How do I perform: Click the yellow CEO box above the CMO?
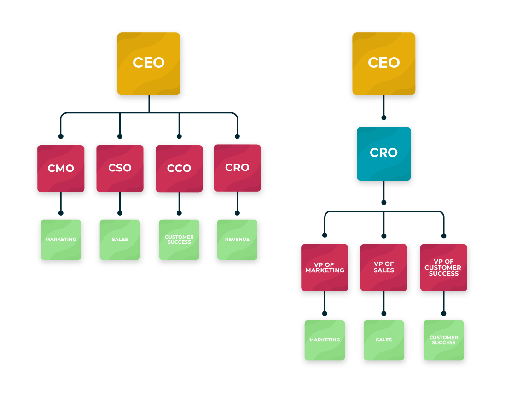(x=149, y=64)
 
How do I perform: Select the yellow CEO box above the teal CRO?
(x=384, y=64)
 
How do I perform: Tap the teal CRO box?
(x=384, y=153)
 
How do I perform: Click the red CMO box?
(x=61, y=169)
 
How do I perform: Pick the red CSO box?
(x=120, y=169)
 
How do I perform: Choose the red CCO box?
(x=179, y=169)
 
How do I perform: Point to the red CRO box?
(x=238, y=168)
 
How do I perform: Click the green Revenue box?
(x=238, y=240)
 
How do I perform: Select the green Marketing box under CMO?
(x=61, y=240)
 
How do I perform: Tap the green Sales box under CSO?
(x=120, y=240)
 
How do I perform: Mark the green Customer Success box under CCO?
(x=179, y=240)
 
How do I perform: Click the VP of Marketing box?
(x=325, y=268)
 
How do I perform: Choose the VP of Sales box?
(x=384, y=268)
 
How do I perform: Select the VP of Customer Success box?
(x=443, y=268)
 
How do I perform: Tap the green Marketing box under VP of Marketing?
(x=325, y=340)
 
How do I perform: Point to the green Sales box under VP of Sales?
(x=384, y=340)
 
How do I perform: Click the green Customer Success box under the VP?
(x=443, y=340)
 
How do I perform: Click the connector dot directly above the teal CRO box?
(x=384, y=117)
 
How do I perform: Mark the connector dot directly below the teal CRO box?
(x=384, y=202)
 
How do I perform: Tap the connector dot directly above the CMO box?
(x=61, y=136)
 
